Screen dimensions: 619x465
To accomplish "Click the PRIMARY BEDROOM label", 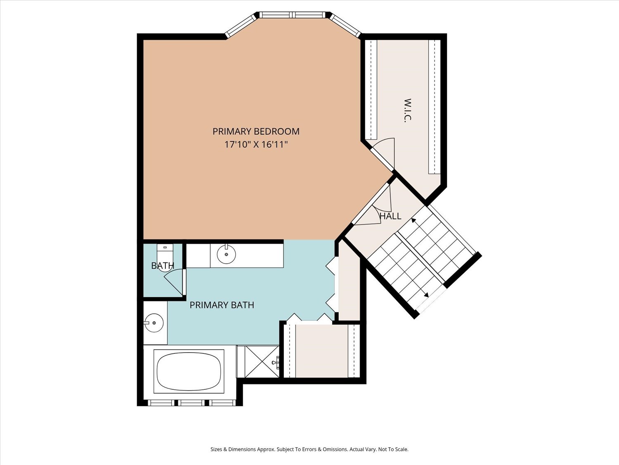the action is [256, 131].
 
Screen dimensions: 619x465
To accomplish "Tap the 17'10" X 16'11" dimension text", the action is [256, 145].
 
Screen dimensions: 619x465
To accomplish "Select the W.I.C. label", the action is [408, 110].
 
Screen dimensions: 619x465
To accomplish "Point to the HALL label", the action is [390, 216].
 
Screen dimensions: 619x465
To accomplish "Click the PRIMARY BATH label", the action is [222, 305].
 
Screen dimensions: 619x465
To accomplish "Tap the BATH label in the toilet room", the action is [163, 266].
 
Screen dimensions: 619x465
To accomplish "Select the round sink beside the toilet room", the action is [226, 254].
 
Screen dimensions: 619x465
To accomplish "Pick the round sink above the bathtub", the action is [154, 322].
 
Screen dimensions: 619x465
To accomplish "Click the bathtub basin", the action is [189, 371].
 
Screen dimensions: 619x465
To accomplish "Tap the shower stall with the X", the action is [262, 361].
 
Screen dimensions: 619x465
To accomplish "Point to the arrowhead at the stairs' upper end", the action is [413, 220].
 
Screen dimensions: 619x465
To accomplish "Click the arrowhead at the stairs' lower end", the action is [426, 295].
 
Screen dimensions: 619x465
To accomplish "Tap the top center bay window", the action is [293, 15].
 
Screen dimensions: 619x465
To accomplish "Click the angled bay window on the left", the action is [241, 26].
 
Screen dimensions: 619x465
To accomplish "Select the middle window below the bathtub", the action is [193, 403].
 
